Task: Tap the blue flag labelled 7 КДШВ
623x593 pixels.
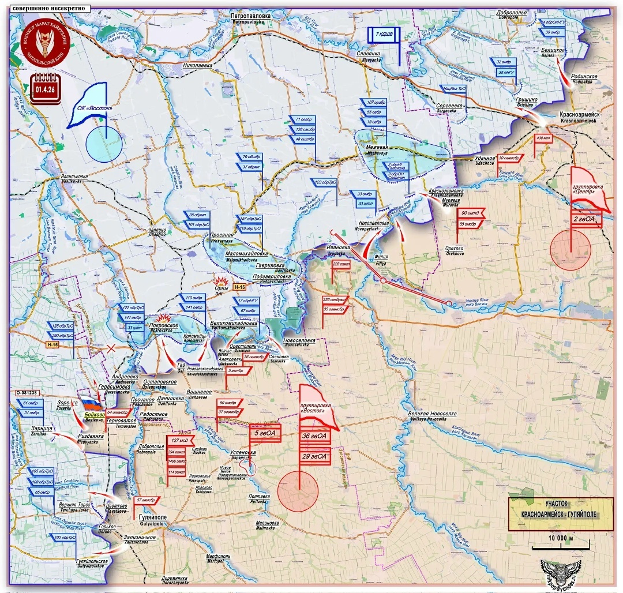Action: point(385,35)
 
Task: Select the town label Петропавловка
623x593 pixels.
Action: point(251,16)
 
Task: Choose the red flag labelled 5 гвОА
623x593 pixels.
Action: point(266,433)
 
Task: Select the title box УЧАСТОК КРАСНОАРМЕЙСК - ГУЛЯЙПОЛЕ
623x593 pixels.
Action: point(561,512)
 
